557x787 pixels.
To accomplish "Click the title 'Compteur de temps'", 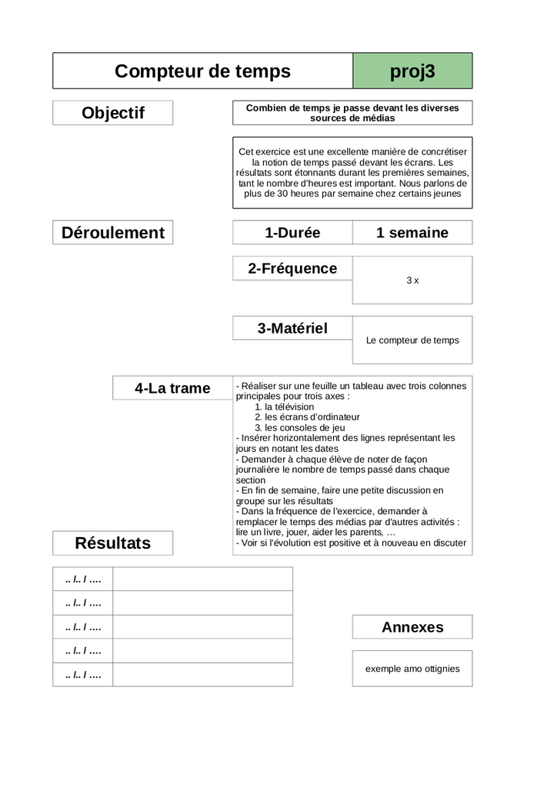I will point(202,71).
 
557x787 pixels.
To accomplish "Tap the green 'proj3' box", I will point(412,71).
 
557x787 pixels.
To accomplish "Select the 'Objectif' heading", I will point(113,113).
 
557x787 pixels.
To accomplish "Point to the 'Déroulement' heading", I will point(113,233).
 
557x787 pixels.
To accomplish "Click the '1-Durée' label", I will point(292,233).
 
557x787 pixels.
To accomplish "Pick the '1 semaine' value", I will point(412,233).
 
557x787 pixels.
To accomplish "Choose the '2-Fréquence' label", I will point(292,268).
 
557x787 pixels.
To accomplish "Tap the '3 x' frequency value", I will point(412,281).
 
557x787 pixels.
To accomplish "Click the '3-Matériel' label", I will point(292,328).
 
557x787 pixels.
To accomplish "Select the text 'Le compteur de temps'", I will point(412,340).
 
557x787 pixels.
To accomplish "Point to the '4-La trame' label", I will point(172,388).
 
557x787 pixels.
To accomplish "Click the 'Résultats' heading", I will point(113,543).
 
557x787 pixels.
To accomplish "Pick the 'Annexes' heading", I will point(412,627).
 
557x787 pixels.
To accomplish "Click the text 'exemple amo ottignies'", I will point(412,669).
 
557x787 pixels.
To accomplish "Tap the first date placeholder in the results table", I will point(83,579).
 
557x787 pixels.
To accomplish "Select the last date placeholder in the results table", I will point(83,675).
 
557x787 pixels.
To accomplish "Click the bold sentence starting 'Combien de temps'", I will point(352,113).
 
